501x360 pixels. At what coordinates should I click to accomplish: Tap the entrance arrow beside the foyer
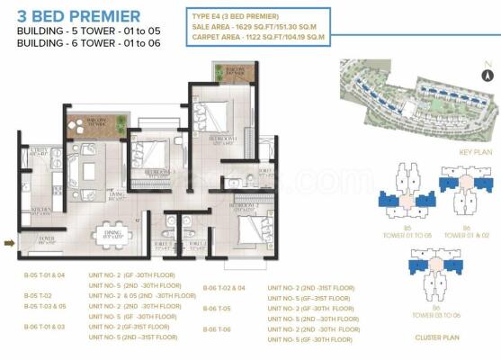(x=10, y=242)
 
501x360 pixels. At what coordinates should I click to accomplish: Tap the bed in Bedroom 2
(x=246, y=229)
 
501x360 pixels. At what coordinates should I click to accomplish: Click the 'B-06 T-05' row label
(x=218, y=309)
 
